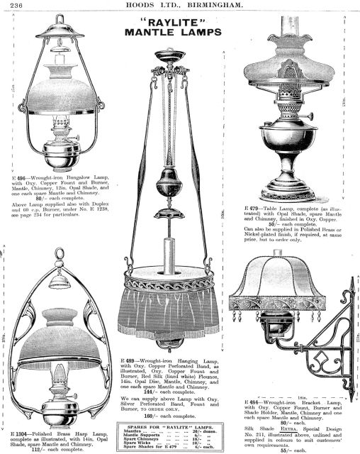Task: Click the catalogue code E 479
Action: pyautogui.click(x=254, y=209)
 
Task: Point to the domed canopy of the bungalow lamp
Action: pyautogui.click(x=60, y=28)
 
